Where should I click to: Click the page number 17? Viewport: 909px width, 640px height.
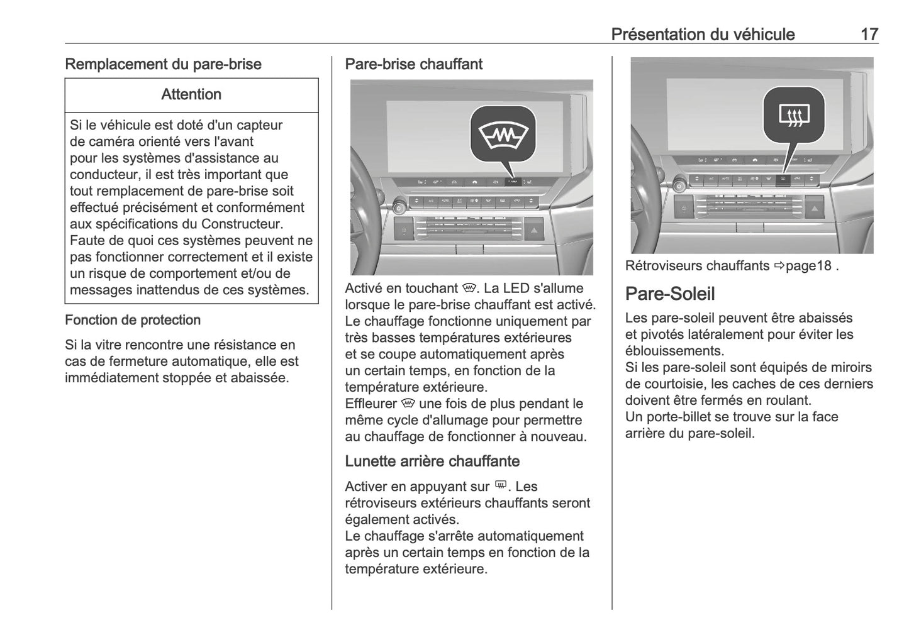click(869, 34)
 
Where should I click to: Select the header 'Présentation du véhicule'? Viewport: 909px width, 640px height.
click(703, 34)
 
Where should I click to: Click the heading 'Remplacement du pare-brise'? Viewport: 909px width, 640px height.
click(163, 64)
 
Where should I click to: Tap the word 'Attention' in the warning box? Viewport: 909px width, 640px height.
click(191, 94)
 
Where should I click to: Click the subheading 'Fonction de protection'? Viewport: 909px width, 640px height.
click(133, 320)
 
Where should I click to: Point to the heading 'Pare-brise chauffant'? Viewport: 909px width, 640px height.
click(413, 64)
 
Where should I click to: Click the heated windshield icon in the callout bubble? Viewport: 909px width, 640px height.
click(503, 135)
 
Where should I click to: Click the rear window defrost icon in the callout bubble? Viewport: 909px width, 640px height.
click(794, 115)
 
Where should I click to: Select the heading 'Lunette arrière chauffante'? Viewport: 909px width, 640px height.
click(432, 461)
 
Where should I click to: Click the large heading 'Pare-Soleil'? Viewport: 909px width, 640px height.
click(670, 294)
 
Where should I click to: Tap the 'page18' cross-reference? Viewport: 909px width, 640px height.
click(808, 266)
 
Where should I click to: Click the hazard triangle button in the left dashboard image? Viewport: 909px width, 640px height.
click(533, 231)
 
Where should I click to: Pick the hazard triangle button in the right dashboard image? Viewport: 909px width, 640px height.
click(815, 207)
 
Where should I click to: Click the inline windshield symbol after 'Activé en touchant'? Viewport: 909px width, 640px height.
click(467, 289)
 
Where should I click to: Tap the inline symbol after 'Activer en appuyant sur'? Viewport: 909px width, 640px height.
click(501, 485)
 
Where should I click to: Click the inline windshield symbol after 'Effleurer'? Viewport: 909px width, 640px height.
click(408, 404)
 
